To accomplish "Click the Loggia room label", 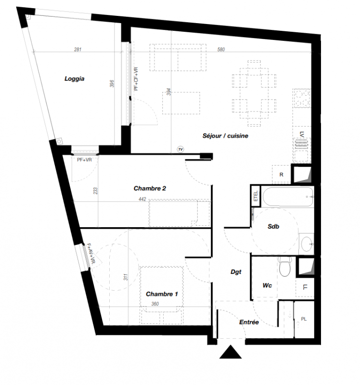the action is [x=75, y=79].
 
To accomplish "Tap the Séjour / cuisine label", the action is [x=225, y=136].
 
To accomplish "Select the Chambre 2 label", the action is [x=150, y=188].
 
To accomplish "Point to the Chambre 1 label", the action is [x=162, y=294].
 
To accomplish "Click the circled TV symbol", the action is [x=180, y=149].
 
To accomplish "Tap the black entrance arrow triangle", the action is [x=231, y=352].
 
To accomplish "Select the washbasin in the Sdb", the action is [x=307, y=244].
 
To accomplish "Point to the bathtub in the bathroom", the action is [x=288, y=197].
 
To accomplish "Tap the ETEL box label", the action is [x=256, y=196].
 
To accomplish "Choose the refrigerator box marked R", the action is [x=282, y=174].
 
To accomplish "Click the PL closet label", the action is [x=304, y=319].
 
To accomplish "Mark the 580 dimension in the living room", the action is [x=221, y=50].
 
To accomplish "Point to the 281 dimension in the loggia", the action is [x=77, y=50].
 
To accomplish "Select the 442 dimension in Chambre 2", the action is [x=142, y=199].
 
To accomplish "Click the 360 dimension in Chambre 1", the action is [x=155, y=304].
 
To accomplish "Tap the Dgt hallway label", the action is [x=236, y=272].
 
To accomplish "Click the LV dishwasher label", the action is [x=302, y=134].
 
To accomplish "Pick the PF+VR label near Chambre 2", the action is [x=85, y=160].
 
